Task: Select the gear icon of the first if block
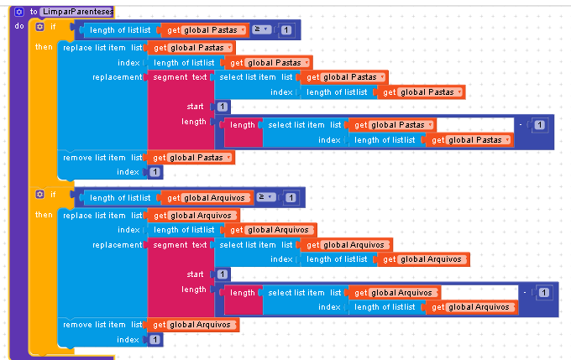[x=39, y=26]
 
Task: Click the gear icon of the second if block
[x=39, y=195]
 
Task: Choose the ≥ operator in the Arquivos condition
[x=263, y=198]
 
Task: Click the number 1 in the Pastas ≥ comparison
[x=286, y=31]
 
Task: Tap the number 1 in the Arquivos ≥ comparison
[x=291, y=199]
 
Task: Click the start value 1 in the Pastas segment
[x=222, y=107]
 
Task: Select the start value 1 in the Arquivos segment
[x=222, y=274]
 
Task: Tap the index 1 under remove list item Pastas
[x=155, y=172]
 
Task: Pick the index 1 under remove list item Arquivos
[x=155, y=340]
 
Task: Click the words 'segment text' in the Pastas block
[x=180, y=77]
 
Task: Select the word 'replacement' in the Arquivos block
[x=118, y=245]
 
